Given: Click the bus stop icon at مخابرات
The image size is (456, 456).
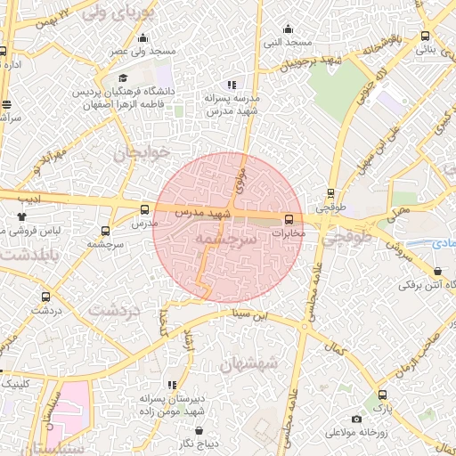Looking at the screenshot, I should [x=289, y=219].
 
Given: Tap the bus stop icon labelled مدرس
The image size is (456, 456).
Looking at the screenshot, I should [x=144, y=209].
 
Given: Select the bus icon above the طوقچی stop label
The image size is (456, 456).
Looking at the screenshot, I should [x=331, y=192].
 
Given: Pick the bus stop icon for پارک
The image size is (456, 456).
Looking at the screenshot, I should [x=382, y=395].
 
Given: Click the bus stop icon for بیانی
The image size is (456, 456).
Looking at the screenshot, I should [x=425, y=37].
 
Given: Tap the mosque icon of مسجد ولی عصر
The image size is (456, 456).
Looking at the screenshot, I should [x=142, y=37].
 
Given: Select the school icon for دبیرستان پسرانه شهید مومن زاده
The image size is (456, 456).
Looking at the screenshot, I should [x=173, y=385].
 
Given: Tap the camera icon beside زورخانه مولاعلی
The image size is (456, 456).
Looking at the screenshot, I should [x=357, y=419].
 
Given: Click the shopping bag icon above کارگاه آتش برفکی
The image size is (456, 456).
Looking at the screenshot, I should [x=437, y=272].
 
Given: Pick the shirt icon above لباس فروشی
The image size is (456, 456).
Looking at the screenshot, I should [x=21, y=216].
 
